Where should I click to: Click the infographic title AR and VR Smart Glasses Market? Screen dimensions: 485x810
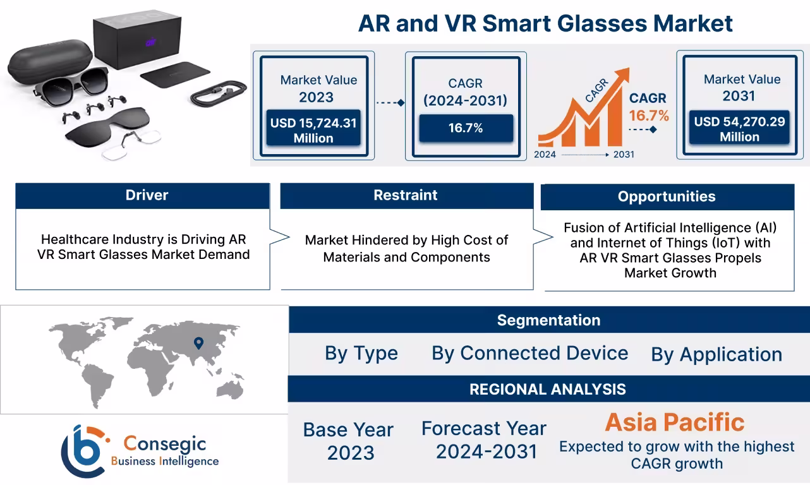(x=545, y=24)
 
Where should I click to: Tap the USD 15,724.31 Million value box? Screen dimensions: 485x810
(x=313, y=129)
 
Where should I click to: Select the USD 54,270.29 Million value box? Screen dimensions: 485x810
(x=739, y=129)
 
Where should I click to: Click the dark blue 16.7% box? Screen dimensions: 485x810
(x=466, y=128)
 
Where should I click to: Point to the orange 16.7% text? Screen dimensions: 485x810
(x=648, y=116)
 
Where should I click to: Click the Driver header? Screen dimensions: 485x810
(x=147, y=195)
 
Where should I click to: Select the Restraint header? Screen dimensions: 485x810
(x=406, y=195)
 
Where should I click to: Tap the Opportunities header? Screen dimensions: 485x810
(x=667, y=196)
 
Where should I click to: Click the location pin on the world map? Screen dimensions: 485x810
(x=198, y=343)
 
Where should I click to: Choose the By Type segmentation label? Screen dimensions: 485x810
(x=361, y=353)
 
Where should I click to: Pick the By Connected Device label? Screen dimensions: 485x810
(x=529, y=353)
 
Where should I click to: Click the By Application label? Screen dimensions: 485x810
(x=716, y=354)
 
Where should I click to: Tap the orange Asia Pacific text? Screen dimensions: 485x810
(x=675, y=422)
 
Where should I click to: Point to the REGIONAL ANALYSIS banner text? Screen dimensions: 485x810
(x=547, y=389)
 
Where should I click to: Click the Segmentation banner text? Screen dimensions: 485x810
(x=548, y=320)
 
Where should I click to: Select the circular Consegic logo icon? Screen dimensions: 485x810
(x=82, y=450)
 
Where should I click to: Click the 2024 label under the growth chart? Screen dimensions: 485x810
(x=545, y=154)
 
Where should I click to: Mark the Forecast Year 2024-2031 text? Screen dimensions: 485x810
(x=484, y=440)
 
